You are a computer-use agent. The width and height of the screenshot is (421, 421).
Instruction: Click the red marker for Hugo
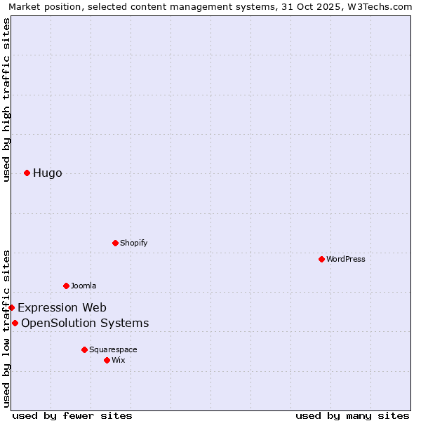coord(27,173)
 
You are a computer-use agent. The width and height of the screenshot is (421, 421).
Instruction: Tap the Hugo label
coord(47,173)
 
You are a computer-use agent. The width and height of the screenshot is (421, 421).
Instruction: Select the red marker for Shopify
coord(115,243)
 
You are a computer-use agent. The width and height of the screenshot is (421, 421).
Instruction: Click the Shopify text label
coord(133,243)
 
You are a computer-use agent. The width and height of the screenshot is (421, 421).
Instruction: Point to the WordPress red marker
coord(321,259)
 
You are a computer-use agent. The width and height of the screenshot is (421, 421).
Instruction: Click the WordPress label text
coord(345,259)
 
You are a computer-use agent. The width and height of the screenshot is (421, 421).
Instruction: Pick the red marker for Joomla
coord(66,286)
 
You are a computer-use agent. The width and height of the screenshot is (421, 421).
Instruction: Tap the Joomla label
coord(83,286)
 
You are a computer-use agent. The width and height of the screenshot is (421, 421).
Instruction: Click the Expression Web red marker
coord(11,307)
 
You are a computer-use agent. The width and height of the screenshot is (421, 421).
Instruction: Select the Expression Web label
coord(62,307)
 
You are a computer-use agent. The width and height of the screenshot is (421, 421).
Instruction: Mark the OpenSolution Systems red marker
coord(15,323)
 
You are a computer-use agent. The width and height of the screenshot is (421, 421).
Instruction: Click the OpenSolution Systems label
coord(85,323)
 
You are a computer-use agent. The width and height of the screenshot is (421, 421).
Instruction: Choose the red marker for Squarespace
coord(84,349)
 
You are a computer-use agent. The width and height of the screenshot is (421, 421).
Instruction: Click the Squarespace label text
coord(113,349)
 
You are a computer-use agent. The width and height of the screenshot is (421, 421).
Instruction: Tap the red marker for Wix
coord(107,360)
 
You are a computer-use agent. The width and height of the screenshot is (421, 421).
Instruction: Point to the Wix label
coord(119,360)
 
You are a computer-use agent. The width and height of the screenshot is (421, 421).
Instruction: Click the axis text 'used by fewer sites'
coord(72,415)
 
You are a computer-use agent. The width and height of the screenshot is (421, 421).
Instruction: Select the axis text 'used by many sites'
coord(352,415)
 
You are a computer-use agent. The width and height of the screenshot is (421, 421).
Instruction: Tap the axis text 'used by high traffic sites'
coord(6,100)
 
